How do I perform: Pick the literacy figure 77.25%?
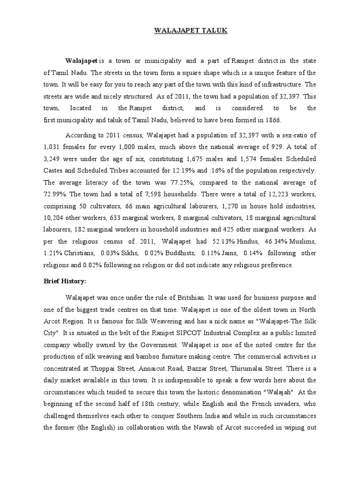[x=198, y=182]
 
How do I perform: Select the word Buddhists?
[x=178, y=253]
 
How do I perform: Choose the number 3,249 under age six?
[x=54, y=158]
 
